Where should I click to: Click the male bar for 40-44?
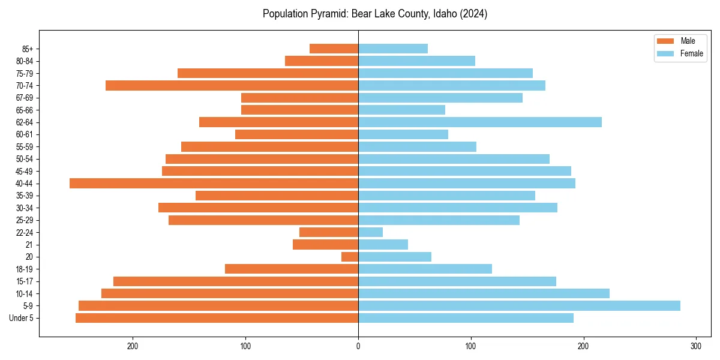[x=214, y=184]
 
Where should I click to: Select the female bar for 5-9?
[x=519, y=306]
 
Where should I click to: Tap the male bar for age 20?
[x=350, y=257]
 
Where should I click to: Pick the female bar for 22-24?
[x=370, y=232]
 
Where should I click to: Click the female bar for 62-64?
[x=480, y=122]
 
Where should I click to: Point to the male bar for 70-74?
[x=232, y=86]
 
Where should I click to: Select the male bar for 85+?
[x=334, y=49]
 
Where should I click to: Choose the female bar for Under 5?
[x=466, y=318]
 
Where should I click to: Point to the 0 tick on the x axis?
[x=358, y=346]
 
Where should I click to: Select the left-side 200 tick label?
[x=133, y=346]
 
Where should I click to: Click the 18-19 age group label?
[x=25, y=269]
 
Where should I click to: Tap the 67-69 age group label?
[x=25, y=98]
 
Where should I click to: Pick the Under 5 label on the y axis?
[x=21, y=318]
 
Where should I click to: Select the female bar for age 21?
[x=383, y=245]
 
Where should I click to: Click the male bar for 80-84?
[x=322, y=61]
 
